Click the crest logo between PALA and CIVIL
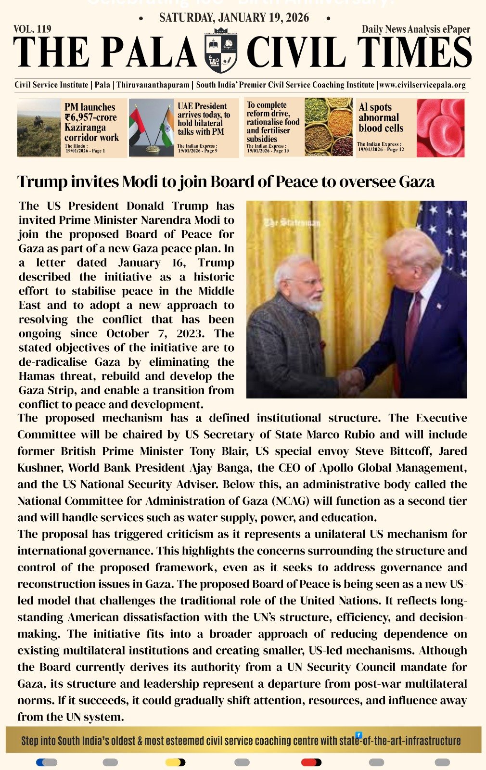221,52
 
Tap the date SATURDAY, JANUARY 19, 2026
234,18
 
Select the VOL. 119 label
33,29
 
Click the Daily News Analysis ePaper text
416,29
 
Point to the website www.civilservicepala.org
422,85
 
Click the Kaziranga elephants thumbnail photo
39,128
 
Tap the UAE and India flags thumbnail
151,128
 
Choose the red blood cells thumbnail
440,128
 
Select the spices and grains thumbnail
328,128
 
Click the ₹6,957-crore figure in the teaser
91,117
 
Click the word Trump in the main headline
42,182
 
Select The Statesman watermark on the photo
292,223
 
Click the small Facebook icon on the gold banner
358,735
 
